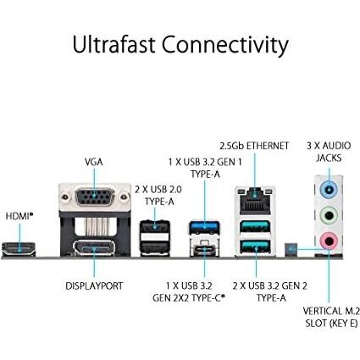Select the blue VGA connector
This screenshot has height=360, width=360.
coord(95,197)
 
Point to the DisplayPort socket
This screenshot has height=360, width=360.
coord(95,248)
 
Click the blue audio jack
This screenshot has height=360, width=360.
coord(328,189)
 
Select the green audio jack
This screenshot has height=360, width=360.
coord(328,215)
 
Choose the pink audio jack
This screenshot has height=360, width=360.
coord(328,241)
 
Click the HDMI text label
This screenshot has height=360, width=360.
coord(19,216)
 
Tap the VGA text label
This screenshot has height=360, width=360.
coord(94,161)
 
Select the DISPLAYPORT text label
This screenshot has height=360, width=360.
coord(94,286)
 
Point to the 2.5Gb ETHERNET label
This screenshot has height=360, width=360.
coord(254,147)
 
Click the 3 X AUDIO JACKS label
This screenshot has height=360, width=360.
coord(328,152)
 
